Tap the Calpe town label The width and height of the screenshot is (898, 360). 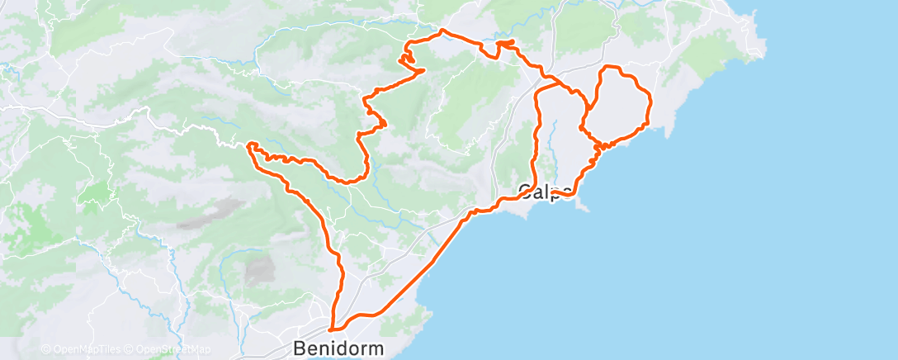click(x=546, y=192)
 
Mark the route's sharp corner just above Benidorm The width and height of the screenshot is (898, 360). click(x=331, y=329)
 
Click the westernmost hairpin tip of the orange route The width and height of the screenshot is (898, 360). click(x=248, y=145)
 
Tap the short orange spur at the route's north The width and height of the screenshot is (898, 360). click(x=506, y=42)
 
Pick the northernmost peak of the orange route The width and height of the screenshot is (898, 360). click(x=444, y=31)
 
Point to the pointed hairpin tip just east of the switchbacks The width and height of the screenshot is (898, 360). click(x=423, y=71)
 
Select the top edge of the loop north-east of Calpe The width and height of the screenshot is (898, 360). click(x=615, y=67)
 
